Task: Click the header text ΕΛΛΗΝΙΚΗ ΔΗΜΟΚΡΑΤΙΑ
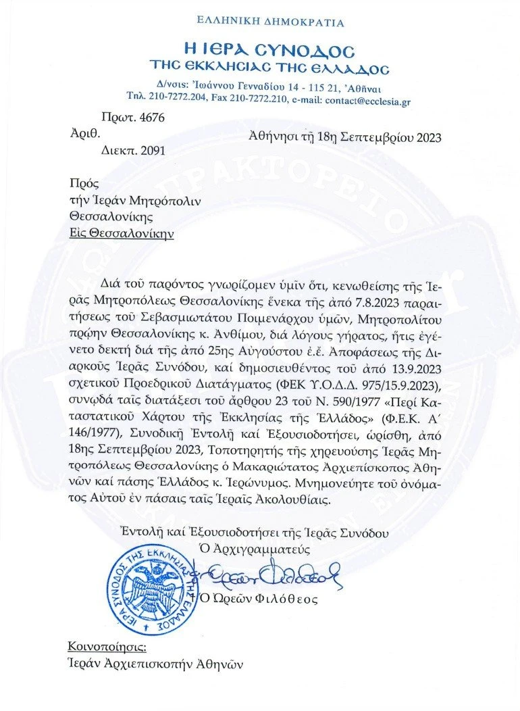pyautogui.click(x=270, y=22)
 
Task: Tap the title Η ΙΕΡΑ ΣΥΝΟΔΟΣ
pyautogui.click(x=270, y=49)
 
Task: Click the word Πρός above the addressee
pyautogui.click(x=80, y=183)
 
